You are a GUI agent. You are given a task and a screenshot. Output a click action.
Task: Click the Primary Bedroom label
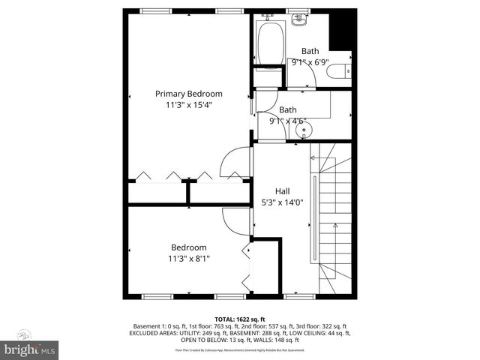point(189,94)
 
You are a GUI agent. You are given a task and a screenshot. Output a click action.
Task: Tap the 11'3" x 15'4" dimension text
point(189,106)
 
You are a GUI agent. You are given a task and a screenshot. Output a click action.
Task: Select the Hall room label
point(282,191)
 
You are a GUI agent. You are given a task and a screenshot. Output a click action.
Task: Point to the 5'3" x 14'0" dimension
point(282,202)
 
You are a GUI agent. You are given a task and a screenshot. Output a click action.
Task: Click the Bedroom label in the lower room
point(188,247)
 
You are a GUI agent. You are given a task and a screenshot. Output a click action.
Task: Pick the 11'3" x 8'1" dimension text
point(188,259)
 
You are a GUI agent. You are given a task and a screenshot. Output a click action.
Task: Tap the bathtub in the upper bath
point(269,43)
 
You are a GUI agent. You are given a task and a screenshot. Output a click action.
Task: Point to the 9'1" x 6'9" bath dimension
point(310,63)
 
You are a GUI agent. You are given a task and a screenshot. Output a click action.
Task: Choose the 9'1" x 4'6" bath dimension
point(287,121)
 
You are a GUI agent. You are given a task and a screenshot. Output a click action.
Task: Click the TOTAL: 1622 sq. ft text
point(240,319)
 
